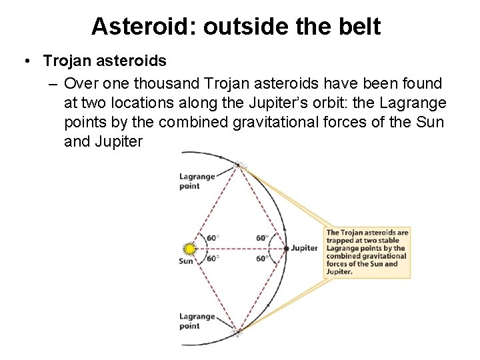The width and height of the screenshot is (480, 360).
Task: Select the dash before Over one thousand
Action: pyautogui.click(x=52, y=83)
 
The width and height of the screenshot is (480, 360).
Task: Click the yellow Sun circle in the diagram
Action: pyautogui.click(x=189, y=249)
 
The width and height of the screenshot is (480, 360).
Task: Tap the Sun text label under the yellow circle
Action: pyautogui.click(x=186, y=261)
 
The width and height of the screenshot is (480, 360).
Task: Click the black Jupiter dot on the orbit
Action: pyautogui.click(x=286, y=248)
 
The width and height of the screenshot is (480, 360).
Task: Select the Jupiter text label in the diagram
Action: pyautogui.click(x=305, y=248)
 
